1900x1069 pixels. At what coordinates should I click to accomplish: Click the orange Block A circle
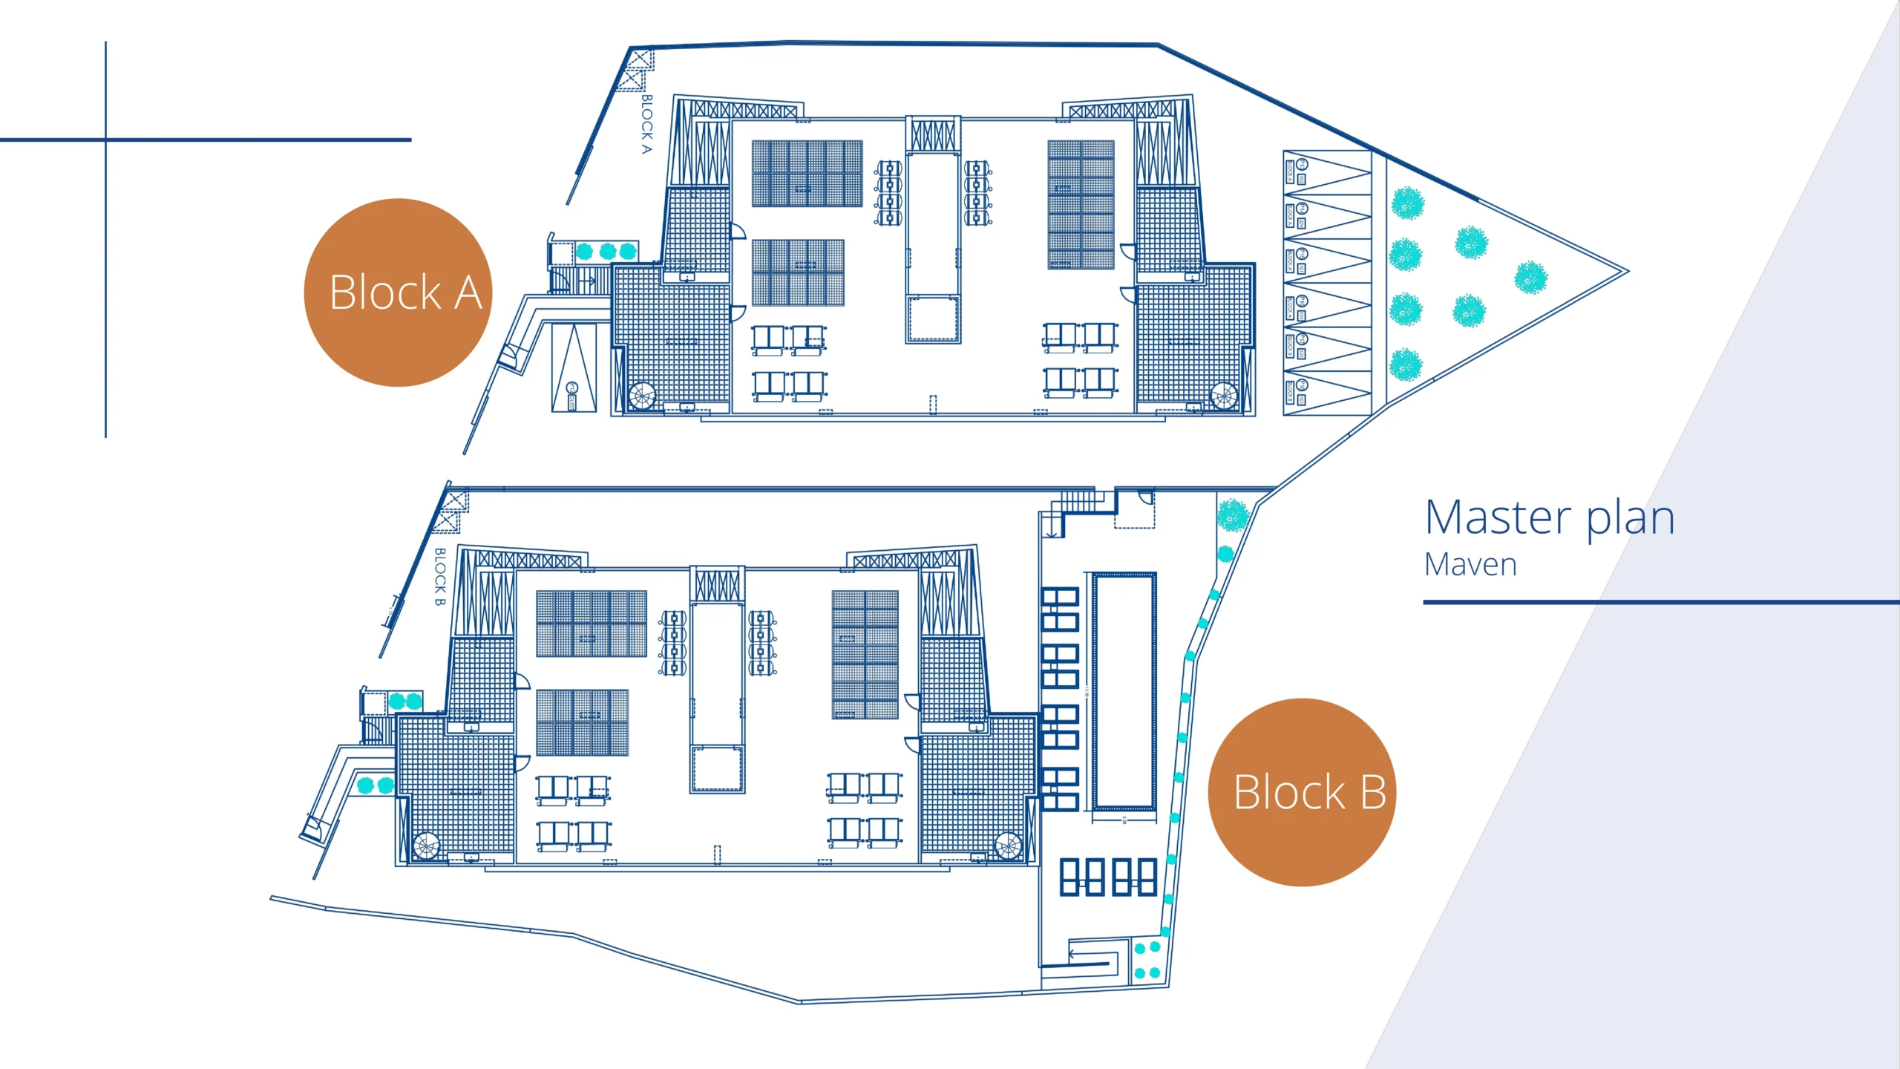point(398,292)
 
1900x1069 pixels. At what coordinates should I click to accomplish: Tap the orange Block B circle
point(1302,792)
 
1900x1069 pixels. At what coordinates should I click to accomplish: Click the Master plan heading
point(1550,517)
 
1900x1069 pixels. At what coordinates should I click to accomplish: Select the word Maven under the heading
point(1470,565)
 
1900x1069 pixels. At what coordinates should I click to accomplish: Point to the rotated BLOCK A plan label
point(646,124)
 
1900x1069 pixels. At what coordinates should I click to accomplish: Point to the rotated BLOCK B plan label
point(439,577)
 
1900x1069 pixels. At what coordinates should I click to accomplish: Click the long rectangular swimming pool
point(1124,690)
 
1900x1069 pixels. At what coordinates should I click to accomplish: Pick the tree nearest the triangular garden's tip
point(1530,277)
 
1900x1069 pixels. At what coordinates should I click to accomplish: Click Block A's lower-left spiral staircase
point(642,396)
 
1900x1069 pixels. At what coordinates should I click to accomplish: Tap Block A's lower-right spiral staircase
point(1224,395)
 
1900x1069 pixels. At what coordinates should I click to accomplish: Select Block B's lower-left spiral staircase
point(426,846)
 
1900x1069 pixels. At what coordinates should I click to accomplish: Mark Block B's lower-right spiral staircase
point(1007,845)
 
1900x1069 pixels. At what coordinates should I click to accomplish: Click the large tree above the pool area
point(1233,515)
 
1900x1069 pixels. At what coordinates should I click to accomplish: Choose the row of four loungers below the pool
point(1107,877)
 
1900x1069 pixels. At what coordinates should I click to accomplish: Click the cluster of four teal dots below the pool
point(1147,960)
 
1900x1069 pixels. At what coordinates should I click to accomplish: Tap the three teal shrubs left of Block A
point(606,251)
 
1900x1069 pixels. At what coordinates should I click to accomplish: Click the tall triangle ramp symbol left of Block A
point(574,367)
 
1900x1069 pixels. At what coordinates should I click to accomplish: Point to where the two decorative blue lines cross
point(106,140)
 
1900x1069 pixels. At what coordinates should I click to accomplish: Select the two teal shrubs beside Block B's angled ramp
point(375,785)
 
